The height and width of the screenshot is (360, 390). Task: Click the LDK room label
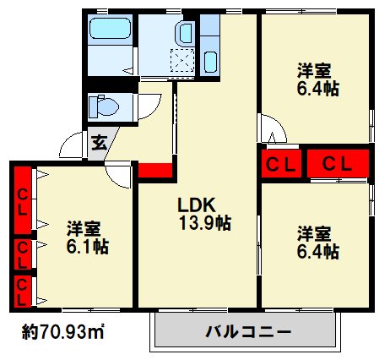pos(197,205)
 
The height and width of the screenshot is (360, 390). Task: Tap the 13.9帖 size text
pos(205,223)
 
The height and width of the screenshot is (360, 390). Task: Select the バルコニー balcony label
pos(248,331)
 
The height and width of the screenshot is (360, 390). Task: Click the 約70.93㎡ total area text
pos(63,332)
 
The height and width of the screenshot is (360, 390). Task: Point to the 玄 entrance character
pos(100,143)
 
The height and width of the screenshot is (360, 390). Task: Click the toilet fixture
pos(103,106)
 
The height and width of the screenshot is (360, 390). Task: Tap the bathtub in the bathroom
pos(110,29)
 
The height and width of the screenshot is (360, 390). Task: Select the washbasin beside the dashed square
pos(185,33)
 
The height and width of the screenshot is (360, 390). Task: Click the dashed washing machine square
pos(182,61)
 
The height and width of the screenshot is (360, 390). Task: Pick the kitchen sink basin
pos(210,62)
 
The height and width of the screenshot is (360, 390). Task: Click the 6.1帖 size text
pos(87,247)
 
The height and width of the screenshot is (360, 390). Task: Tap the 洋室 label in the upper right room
pos(314,71)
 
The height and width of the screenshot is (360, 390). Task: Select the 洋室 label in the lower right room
pos(314,234)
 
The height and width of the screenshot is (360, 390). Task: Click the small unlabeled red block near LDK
pos(155,171)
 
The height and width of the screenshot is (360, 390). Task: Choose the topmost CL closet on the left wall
pos(23,200)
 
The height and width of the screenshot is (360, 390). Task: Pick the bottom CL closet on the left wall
pos(23,292)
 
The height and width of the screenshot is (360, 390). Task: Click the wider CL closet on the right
pos(338,164)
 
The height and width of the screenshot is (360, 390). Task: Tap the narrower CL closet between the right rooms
pos(281,164)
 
